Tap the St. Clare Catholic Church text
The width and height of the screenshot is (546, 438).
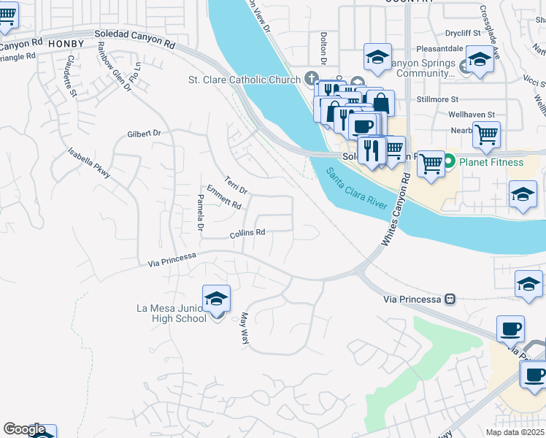point(244,80)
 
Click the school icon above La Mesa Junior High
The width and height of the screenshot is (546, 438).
point(216,299)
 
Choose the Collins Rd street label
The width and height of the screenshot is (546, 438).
point(247,234)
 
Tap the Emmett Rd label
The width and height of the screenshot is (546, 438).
point(223,197)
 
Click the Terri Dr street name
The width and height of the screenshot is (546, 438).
point(236,185)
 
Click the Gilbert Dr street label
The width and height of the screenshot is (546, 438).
point(143,134)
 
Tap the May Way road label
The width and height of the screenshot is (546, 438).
point(245,328)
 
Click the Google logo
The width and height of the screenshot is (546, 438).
point(24,429)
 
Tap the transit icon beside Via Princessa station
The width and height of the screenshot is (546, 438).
point(450,299)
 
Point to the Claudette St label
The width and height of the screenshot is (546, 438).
point(70,75)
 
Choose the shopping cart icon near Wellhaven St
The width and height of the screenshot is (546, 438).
point(485,134)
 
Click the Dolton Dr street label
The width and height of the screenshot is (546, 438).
point(323,45)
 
